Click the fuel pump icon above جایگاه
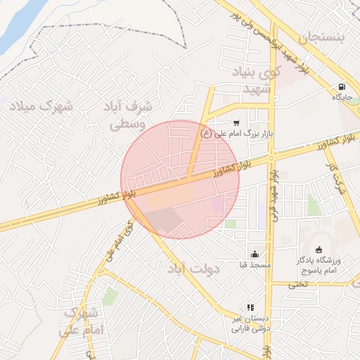pyautogui.click(x=342, y=87)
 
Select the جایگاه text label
pyautogui.click(x=342, y=98)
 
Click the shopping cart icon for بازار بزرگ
pyautogui.click(x=236, y=122)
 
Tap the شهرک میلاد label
pyautogui.click(x=41, y=107)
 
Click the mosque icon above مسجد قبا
pyautogui.click(x=254, y=254)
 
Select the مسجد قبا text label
pyautogui.click(x=253, y=265)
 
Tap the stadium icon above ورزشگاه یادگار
pyautogui.click(x=319, y=250)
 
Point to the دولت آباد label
pyautogui.click(x=193, y=269)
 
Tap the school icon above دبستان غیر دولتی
pyautogui.click(x=250, y=308)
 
